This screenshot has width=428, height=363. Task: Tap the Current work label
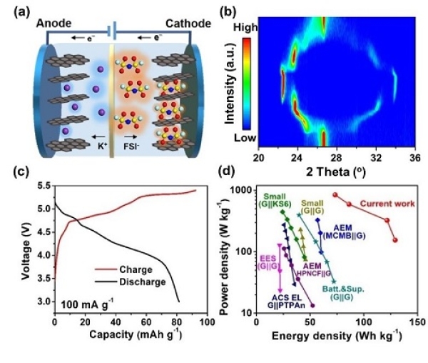(387, 204)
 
